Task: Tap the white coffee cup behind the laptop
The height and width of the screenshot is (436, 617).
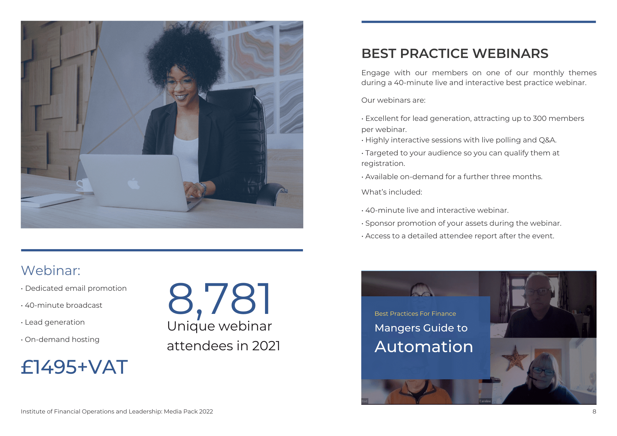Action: [x=84, y=185]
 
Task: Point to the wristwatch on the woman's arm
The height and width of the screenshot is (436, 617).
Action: [x=202, y=188]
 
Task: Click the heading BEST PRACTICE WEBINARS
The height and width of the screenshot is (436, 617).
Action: [x=455, y=53]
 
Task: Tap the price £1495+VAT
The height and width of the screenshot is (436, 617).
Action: [x=74, y=367]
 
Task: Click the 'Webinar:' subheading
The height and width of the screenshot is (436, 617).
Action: [x=51, y=270]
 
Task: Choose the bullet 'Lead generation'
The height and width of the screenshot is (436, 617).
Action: [x=53, y=322]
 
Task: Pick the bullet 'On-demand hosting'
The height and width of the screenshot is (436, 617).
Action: [x=60, y=339]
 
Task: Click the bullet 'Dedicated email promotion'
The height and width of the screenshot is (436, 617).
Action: [x=74, y=288]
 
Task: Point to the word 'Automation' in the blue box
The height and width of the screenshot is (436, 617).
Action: [x=424, y=347]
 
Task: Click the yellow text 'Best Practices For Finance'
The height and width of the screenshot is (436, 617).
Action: [x=415, y=314]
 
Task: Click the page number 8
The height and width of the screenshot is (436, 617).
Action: [x=594, y=412]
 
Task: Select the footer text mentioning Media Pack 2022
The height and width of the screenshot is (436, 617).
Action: [x=117, y=412]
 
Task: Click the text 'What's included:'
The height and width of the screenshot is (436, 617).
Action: [x=392, y=192]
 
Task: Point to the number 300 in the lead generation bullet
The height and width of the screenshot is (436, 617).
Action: [x=540, y=118]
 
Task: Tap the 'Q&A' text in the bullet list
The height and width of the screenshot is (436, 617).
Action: [x=548, y=140]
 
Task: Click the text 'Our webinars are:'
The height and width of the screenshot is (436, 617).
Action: [x=393, y=100]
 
